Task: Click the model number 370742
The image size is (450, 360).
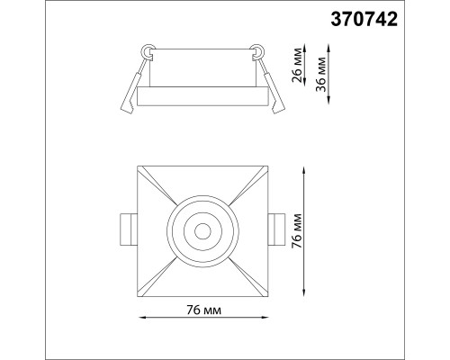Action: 364,20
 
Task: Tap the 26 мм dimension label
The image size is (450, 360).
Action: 298,65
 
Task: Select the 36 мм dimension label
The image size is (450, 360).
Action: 321,74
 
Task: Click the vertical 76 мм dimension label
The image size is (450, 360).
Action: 297,231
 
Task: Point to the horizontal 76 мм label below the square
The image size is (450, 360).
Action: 203,310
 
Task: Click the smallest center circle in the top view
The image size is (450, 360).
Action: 202,231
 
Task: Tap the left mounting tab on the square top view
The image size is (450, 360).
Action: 129,230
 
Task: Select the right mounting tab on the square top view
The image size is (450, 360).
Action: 277,229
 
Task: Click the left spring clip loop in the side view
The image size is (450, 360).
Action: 148,51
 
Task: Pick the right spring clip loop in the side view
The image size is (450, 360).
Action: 257,51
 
